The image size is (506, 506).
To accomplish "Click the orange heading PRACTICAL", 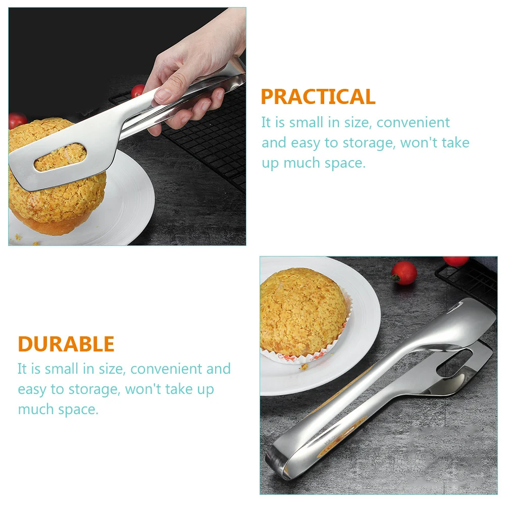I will click(x=318, y=96).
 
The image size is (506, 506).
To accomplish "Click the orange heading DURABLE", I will click(x=66, y=344).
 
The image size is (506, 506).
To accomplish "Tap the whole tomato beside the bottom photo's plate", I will click(x=405, y=273).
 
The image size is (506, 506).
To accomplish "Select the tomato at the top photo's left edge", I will click(x=17, y=121).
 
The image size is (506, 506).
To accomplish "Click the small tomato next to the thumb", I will click(x=137, y=91).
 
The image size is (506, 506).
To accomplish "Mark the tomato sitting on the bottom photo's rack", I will click(x=456, y=261).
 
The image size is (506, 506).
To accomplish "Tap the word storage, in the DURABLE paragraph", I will click(x=93, y=389).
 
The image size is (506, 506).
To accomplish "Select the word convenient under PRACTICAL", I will click(x=413, y=122).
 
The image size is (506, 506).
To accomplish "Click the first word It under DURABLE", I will click(x=22, y=369).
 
